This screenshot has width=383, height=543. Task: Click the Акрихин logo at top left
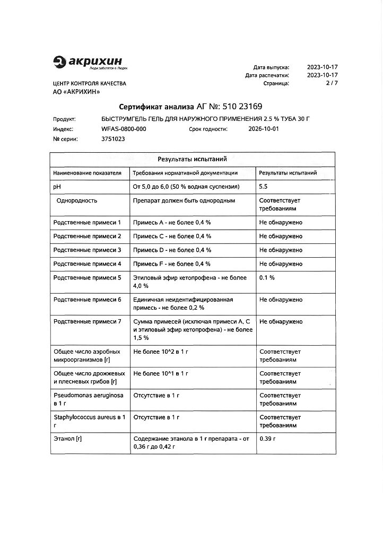[90, 63]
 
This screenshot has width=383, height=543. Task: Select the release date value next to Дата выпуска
[323, 67]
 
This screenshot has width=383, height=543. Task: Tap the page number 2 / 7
[332, 83]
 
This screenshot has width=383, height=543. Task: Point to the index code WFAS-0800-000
[124, 129]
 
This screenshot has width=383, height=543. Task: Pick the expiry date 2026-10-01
[264, 129]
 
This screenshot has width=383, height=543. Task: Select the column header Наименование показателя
[88, 173]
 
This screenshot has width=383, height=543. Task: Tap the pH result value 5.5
[263, 187]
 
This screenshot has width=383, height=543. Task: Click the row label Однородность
[77, 201]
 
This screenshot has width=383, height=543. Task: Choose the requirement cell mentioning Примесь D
[172, 250]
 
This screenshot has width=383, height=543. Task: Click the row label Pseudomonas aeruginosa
[88, 396]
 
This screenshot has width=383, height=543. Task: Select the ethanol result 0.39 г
[268, 439]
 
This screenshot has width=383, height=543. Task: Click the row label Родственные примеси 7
[88, 321]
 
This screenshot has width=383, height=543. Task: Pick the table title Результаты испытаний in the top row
[192, 159]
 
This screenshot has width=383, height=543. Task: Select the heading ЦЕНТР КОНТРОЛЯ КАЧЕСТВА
[90, 84]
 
